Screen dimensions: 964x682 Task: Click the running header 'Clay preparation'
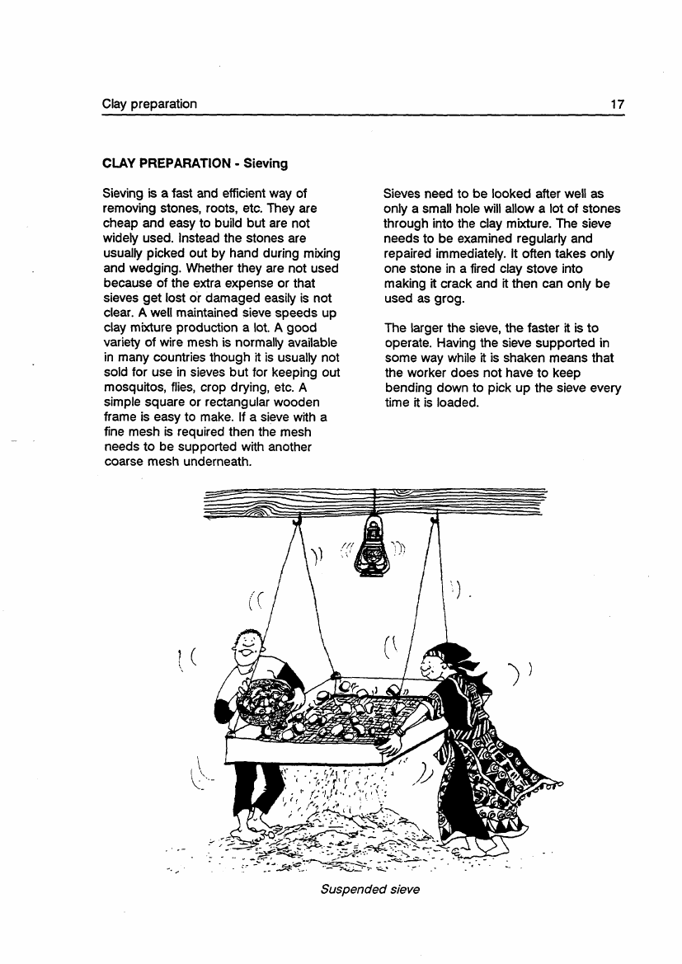pos(149,104)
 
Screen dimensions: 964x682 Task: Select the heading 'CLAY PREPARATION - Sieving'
pos(195,163)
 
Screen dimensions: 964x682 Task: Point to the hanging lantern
pos(374,548)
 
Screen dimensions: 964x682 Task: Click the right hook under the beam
pos(434,520)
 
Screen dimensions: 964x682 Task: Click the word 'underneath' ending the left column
pos(220,461)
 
